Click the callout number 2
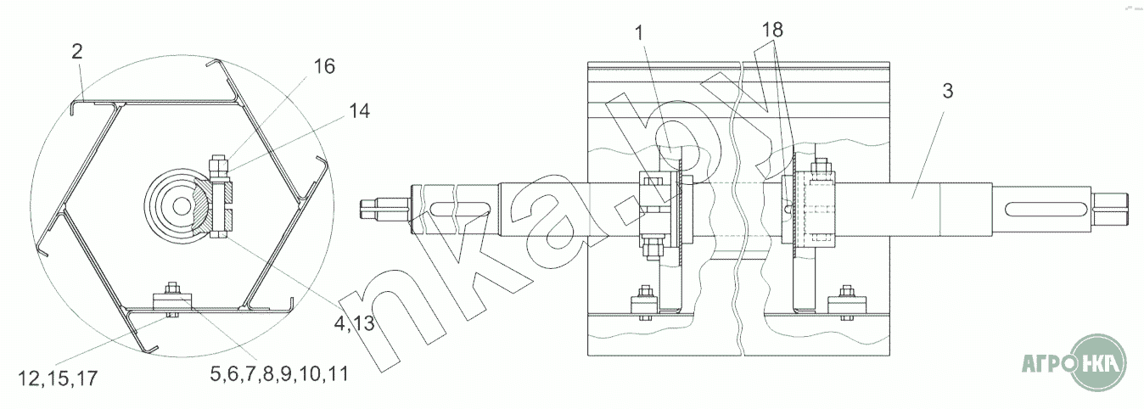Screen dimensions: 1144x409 click(x=77, y=52)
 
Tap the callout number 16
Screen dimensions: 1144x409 click(x=324, y=66)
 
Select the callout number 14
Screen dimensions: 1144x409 click(x=359, y=111)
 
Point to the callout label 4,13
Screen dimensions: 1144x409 click(x=354, y=323)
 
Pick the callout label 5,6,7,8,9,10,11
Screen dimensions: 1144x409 click(x=279, y=374)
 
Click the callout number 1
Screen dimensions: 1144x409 click(x=639, y=33)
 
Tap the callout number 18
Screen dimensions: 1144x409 click(x=773, y=31)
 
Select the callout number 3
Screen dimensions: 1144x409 click(x=948, y=92)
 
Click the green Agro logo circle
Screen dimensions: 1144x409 click(x=1095, y=363)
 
